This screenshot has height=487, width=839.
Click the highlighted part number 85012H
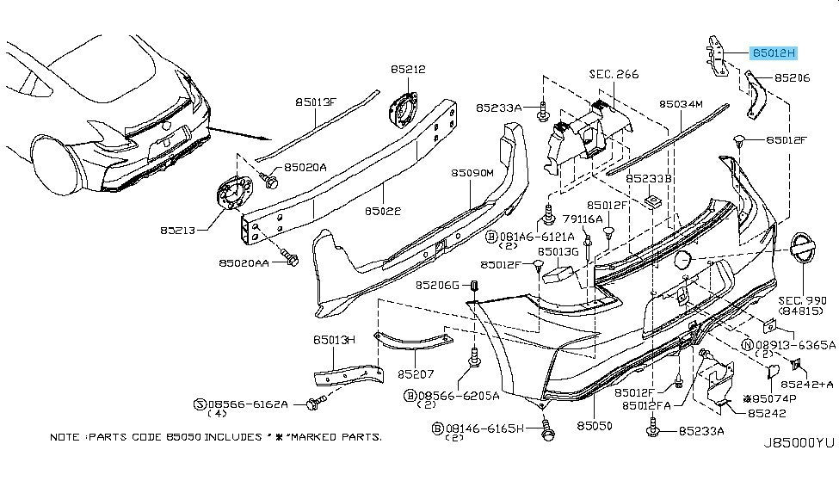pos(774,52)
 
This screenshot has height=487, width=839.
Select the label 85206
pos(792,77)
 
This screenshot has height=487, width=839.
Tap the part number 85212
pos(407,69)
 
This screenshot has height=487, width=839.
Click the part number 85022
pos(382,209)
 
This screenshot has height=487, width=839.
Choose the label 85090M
pos(472,172)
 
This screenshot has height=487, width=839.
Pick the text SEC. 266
pos(614,75)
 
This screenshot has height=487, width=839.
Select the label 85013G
pos(559,251)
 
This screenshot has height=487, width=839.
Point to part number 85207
pos(416,375)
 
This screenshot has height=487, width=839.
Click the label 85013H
pos(334,340)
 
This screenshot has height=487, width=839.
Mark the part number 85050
pos(594,425)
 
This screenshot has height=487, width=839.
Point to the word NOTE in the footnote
pos(65,437)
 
